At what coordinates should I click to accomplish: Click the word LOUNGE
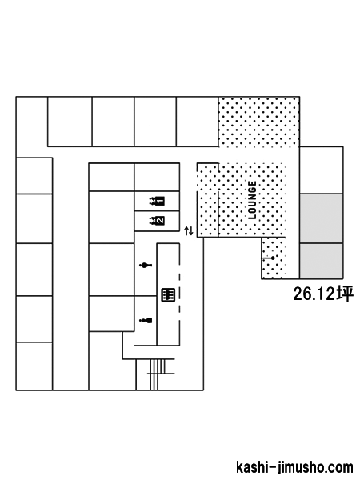[x=252, y=200]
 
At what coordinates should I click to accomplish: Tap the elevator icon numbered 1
[x=157, y=201]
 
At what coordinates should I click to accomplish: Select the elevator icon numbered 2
[x=157, y=221]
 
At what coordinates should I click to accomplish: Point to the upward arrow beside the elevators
[x=186, y=231]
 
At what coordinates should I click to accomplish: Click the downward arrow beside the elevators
[x=191, y=231]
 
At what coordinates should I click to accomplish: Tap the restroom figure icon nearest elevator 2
[x=146, y=265]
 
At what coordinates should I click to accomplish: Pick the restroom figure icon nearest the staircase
[x=146, y=321]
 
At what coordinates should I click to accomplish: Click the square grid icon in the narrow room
[x=168, y=294]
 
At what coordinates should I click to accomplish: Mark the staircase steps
[x=158, y=374]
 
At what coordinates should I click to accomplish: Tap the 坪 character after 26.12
[x=345, y=294]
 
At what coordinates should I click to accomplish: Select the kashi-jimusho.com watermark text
[x=294, y=467]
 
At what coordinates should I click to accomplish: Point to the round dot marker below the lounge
[x=273, y=258]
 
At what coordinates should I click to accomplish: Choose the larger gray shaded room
[x=321, y=218]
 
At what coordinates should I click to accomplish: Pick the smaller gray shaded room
[x=321, y=261]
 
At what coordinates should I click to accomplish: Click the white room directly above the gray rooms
[x=321, y=170]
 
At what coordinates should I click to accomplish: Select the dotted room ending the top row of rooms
[x=258, y=122]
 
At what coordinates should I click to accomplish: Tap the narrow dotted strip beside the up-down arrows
[x=207, y=200]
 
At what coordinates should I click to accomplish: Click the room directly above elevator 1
[x=157, y=178]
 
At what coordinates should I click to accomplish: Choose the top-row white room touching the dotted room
[x=198, y=122]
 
